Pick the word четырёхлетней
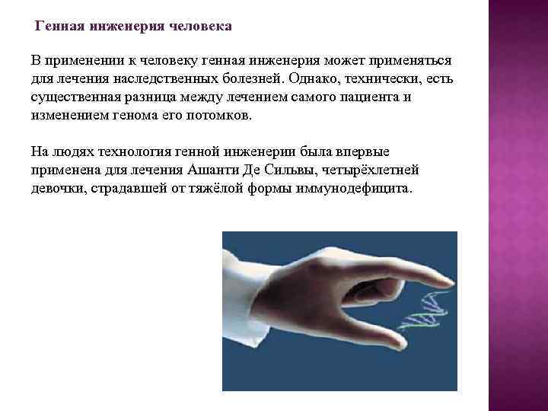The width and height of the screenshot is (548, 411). tap(375, 170)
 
